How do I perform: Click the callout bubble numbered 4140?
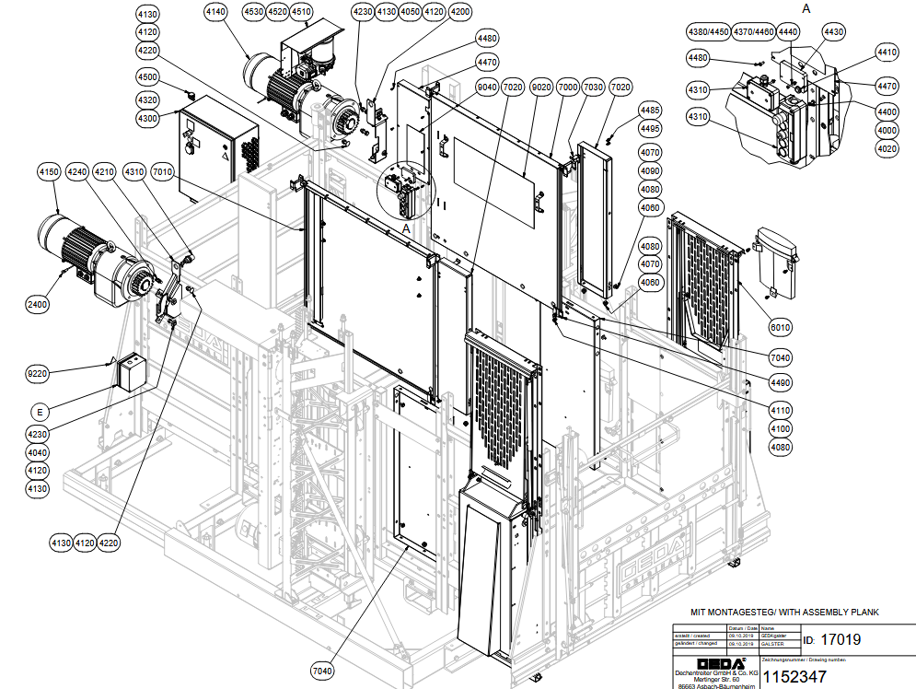(215, 12)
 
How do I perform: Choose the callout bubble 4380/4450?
(708, 32)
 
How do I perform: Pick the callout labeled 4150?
(49, 172)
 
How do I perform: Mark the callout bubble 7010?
(163, 172)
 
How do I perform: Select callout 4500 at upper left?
(147, 76)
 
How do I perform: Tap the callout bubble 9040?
(488, 88)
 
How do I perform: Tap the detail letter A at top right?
(807, 7)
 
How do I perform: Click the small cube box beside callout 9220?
(130, 371)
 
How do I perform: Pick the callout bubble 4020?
(887, 148)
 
